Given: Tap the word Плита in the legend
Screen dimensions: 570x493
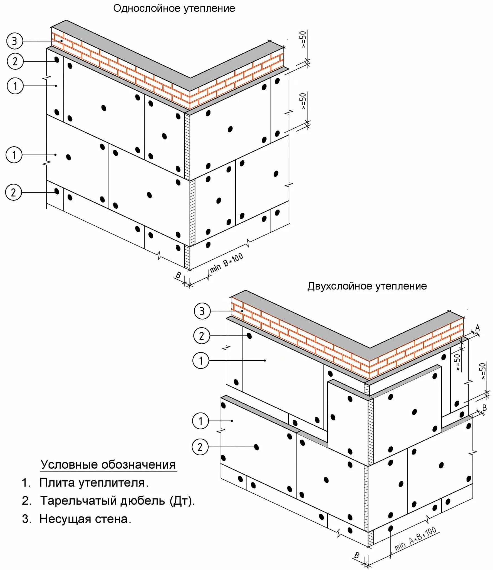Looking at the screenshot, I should (x=57, y=483).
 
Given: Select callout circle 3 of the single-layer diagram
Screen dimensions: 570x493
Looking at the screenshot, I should (x=14, y=41).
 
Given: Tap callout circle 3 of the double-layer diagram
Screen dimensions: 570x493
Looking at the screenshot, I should (x=202, y=311).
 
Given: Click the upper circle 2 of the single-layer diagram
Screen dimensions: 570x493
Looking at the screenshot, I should (x=15, y=61).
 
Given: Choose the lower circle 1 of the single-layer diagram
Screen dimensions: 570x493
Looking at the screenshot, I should (x=14, y=155).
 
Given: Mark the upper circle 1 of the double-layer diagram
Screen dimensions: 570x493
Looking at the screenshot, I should (x=201, y=361).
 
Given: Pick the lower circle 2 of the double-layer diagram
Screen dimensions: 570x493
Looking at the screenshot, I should (x=200, y=447).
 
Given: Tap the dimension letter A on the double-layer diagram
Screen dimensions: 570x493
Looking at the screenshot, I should (x=477, y=328).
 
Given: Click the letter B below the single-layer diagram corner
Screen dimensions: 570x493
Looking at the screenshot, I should (x=178, y=275).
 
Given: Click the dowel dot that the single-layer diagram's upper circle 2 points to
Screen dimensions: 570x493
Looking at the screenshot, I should (x=57, y=60).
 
